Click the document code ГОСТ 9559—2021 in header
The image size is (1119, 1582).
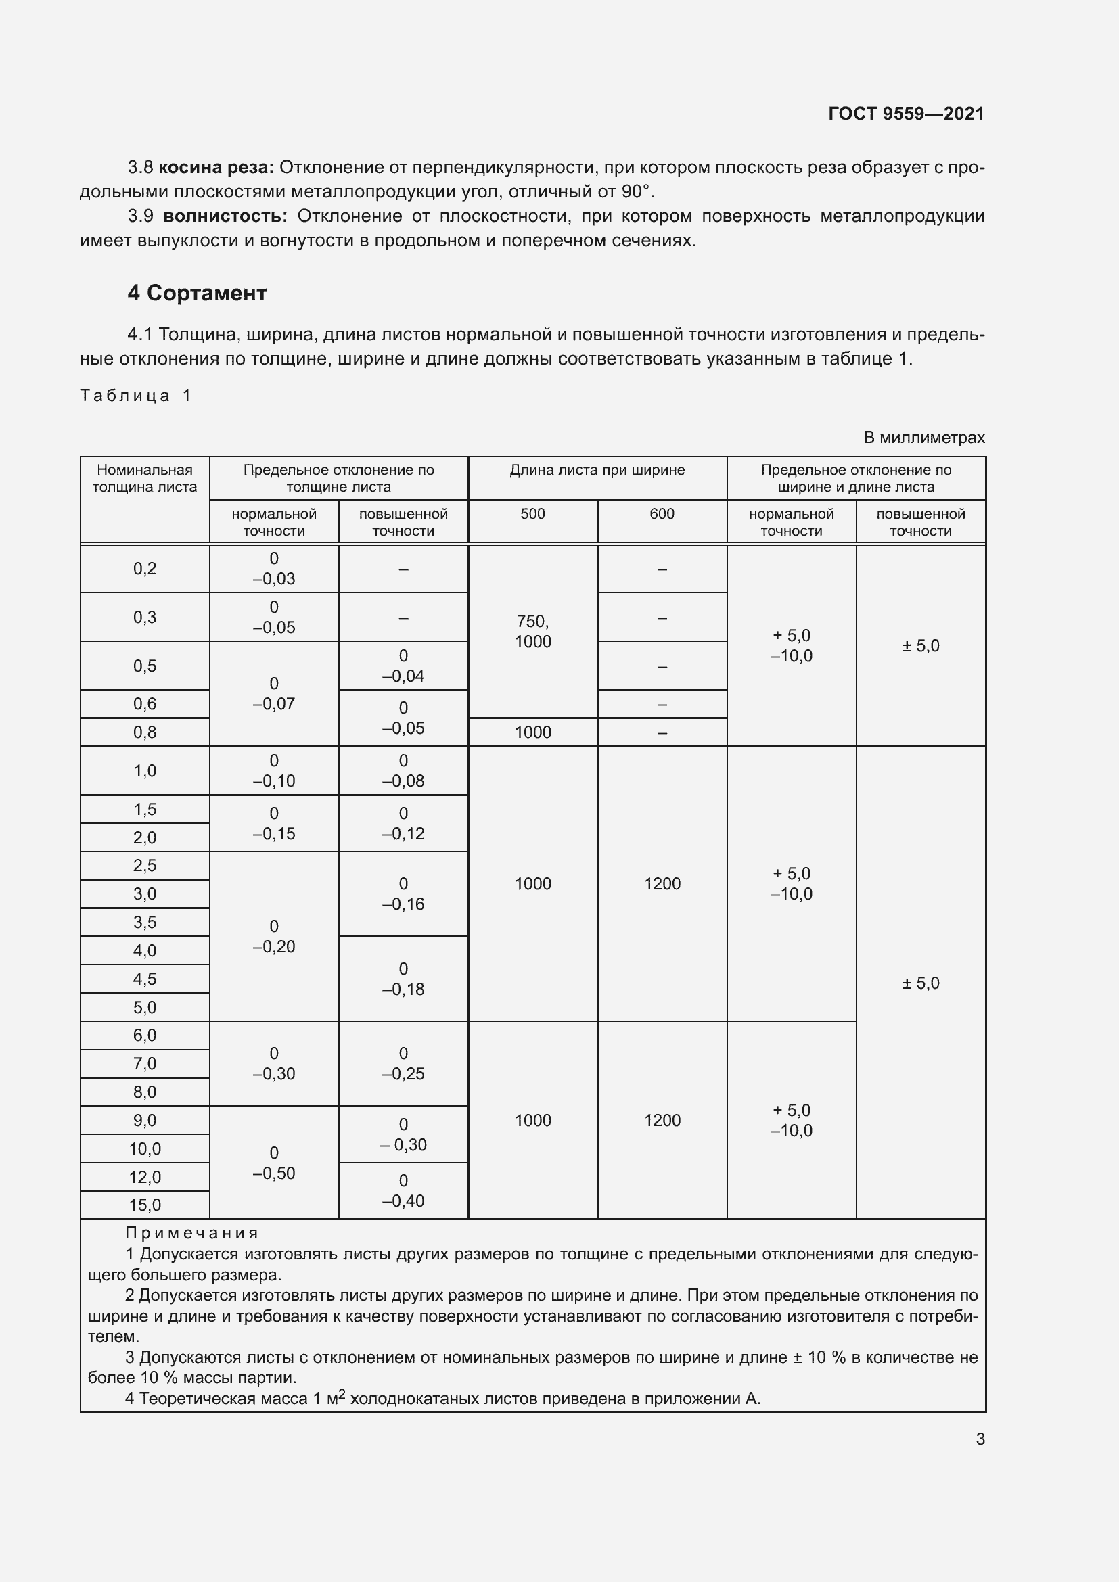pos(905,114)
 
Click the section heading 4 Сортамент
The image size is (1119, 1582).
pos(197,293)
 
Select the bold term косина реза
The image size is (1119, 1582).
pos(216,168)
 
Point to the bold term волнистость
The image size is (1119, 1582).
pos(225,216)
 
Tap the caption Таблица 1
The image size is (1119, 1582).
pos(136,396)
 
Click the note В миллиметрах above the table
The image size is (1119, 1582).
pos(923,438)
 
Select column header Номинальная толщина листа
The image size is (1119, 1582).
pos(145,478)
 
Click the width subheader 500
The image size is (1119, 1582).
pos(532,514)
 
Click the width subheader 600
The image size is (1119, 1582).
pos(662,514)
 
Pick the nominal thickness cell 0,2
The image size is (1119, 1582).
pos(145,568)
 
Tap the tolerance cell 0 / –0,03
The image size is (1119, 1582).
pos(273,568)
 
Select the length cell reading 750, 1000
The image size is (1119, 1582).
pos(532,631)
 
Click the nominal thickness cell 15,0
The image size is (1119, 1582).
pos(145,1205)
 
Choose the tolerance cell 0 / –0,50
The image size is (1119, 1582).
pos(273,1163)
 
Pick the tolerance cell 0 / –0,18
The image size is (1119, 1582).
pos(403,979)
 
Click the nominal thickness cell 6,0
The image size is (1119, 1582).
pos(145,1035)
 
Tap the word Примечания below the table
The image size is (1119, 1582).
pos(191,1233)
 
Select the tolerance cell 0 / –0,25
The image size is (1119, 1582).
pos(403,1064)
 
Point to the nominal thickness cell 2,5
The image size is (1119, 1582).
pos(145,866)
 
